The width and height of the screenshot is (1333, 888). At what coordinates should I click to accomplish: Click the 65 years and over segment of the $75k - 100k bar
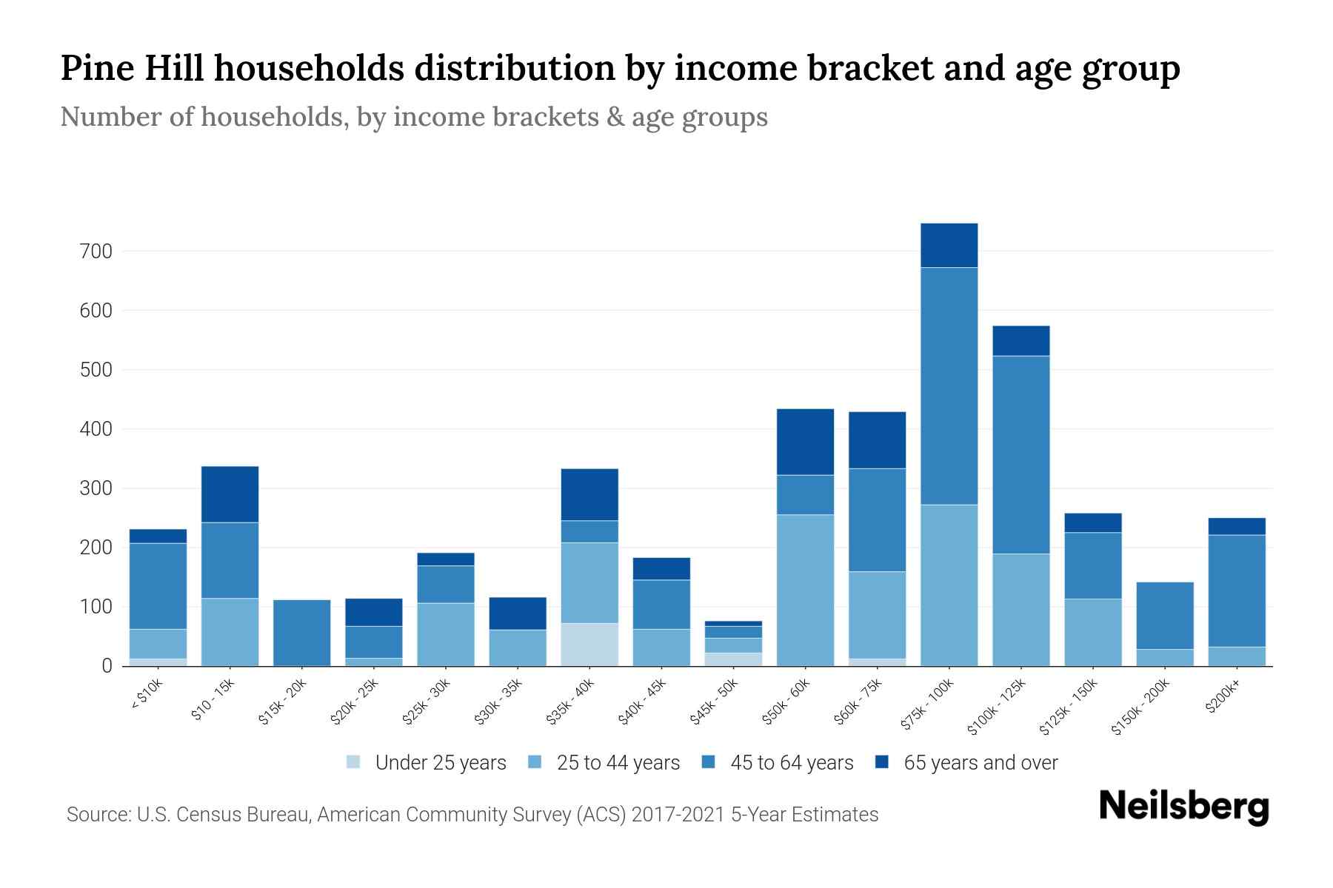pyautogui.click(x=949, y=245)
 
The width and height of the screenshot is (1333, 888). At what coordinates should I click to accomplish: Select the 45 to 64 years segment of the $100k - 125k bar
pyautogui.click(x=1020, y=454)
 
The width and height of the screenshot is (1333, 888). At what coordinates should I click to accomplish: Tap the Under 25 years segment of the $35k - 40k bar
pyautogui.click(x=589, y=644)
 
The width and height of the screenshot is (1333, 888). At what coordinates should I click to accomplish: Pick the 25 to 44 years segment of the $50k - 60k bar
pyautogui.click(x=805, y=590)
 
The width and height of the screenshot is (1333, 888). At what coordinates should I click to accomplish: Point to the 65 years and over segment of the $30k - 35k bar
pyautogui.click(x=518, y=613)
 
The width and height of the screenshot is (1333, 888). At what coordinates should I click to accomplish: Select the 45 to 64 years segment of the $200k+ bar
pyautogui.click(x=1237, y=591)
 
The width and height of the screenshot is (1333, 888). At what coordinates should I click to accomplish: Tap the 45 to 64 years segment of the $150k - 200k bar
pyautogui.click(x=1165, y=615)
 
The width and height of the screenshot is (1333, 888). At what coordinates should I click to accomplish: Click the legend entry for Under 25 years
pyautogui.click(x=427, y=763)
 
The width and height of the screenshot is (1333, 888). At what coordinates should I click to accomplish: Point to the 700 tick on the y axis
pyautogui.click(x=96, y=252)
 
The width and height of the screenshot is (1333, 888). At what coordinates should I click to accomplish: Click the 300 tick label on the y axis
pyautogui.click(x=96, y=488)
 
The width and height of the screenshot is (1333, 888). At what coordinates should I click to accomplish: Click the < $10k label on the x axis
pyautogui.click(x=146, y=694)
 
